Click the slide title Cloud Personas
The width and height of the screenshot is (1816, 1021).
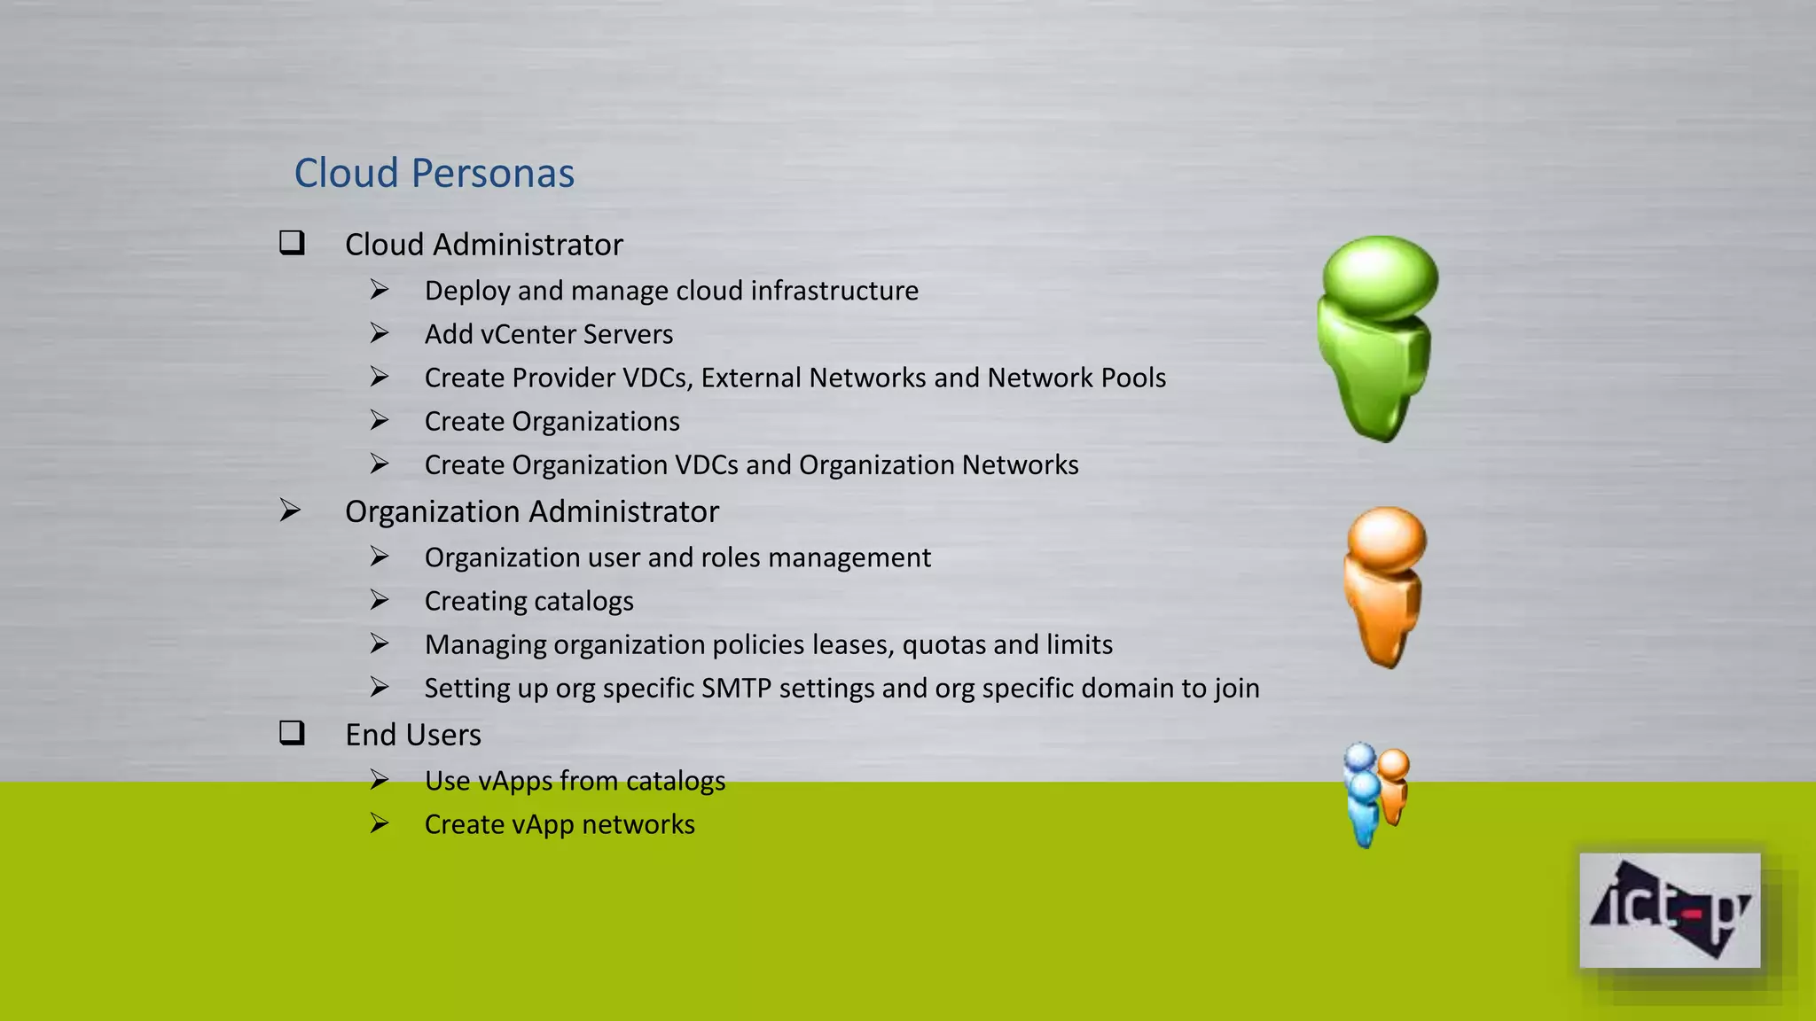pos(434,173)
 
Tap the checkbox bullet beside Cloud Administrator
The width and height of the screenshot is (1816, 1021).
pos(292,243)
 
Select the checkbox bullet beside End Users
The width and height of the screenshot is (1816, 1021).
pos(292,733)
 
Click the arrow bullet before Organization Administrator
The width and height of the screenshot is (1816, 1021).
pos(290,510)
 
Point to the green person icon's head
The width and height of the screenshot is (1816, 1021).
pos(1380,276)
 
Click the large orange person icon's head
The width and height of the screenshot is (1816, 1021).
pos(1386,538)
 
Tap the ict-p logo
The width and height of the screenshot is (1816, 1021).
pos(1669,910)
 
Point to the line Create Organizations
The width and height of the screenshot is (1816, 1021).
pos(552,421)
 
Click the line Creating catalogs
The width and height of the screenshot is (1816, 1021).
pos(528,601)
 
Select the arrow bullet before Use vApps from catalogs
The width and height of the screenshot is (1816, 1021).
pos(380,780)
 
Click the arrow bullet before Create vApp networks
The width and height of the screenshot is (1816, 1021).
pos(380,823)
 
